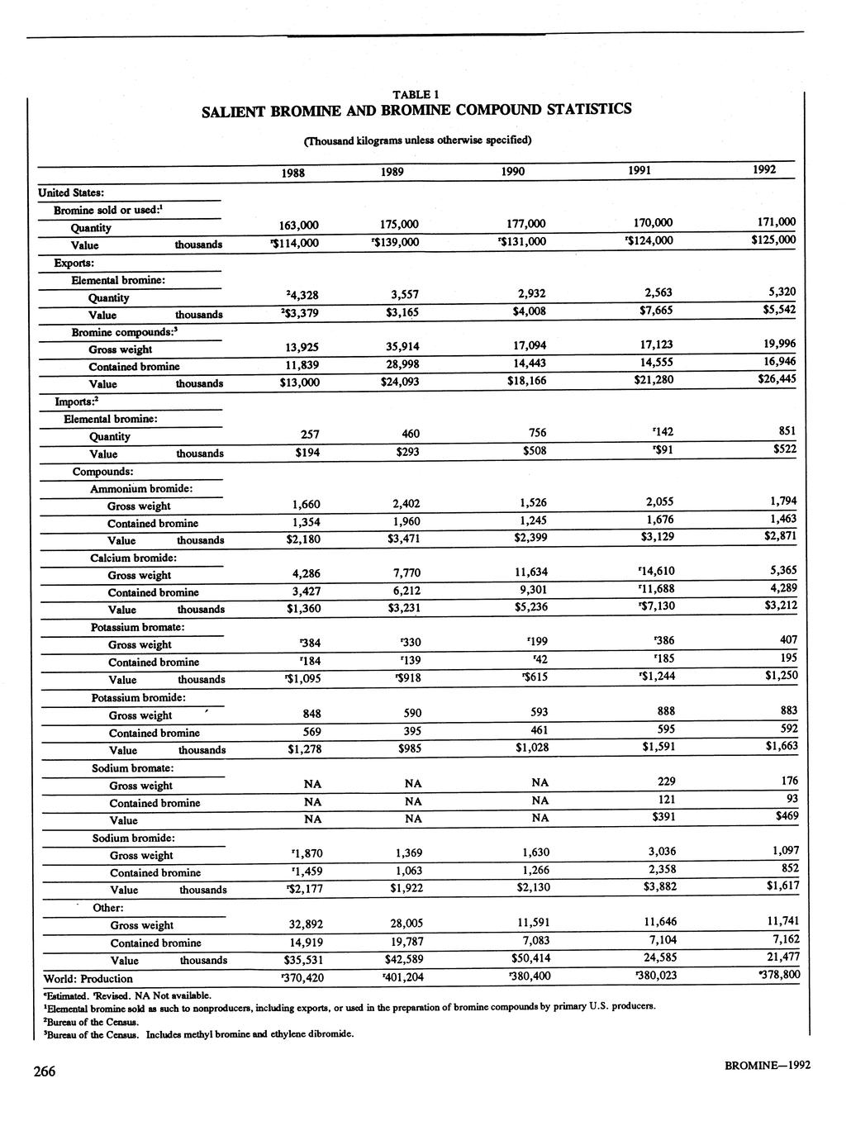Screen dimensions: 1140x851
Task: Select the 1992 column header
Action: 764,169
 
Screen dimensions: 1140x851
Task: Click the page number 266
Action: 44,1071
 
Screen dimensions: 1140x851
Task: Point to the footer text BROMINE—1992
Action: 768,1065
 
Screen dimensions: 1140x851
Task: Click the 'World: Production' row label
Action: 88,978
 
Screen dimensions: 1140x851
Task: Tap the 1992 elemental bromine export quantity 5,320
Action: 782,292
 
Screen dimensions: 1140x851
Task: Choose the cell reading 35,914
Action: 405,347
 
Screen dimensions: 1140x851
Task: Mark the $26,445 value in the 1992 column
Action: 777,379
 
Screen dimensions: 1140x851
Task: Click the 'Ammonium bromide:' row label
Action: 142,488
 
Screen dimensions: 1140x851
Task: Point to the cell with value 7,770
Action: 405,572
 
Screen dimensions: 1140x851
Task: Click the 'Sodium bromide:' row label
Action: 133,838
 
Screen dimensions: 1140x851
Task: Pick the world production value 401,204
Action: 403,977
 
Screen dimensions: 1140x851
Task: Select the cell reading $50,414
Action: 530,959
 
